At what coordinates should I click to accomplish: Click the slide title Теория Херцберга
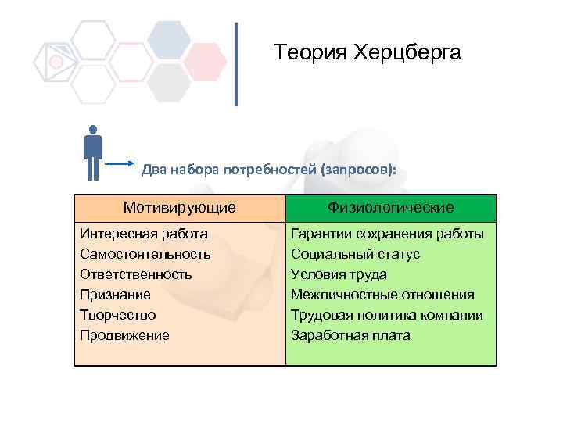(x=368, y=53)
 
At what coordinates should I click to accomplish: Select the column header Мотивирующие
(x=180, y=208)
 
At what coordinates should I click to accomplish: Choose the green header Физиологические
(x=391, y=208)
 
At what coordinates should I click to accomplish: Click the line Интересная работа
(x=144, y=234)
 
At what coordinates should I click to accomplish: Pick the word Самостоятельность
(x=145, y=254)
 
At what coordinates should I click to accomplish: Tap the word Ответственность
(x=136, y=274)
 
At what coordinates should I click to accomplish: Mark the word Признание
(x=115, y=295)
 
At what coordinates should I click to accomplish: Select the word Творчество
(x=117, y=315)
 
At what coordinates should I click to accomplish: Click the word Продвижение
(x=124, y=335)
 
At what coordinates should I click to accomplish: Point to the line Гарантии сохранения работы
(x=387, y=234)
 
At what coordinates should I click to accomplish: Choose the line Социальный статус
(x=355, y=254)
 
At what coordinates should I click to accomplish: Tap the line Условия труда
(x=339, y=274)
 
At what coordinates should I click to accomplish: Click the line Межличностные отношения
(x=382, y=295)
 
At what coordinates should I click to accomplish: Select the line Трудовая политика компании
(x=386, y=315)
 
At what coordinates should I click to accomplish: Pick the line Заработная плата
(x=350, y=335)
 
